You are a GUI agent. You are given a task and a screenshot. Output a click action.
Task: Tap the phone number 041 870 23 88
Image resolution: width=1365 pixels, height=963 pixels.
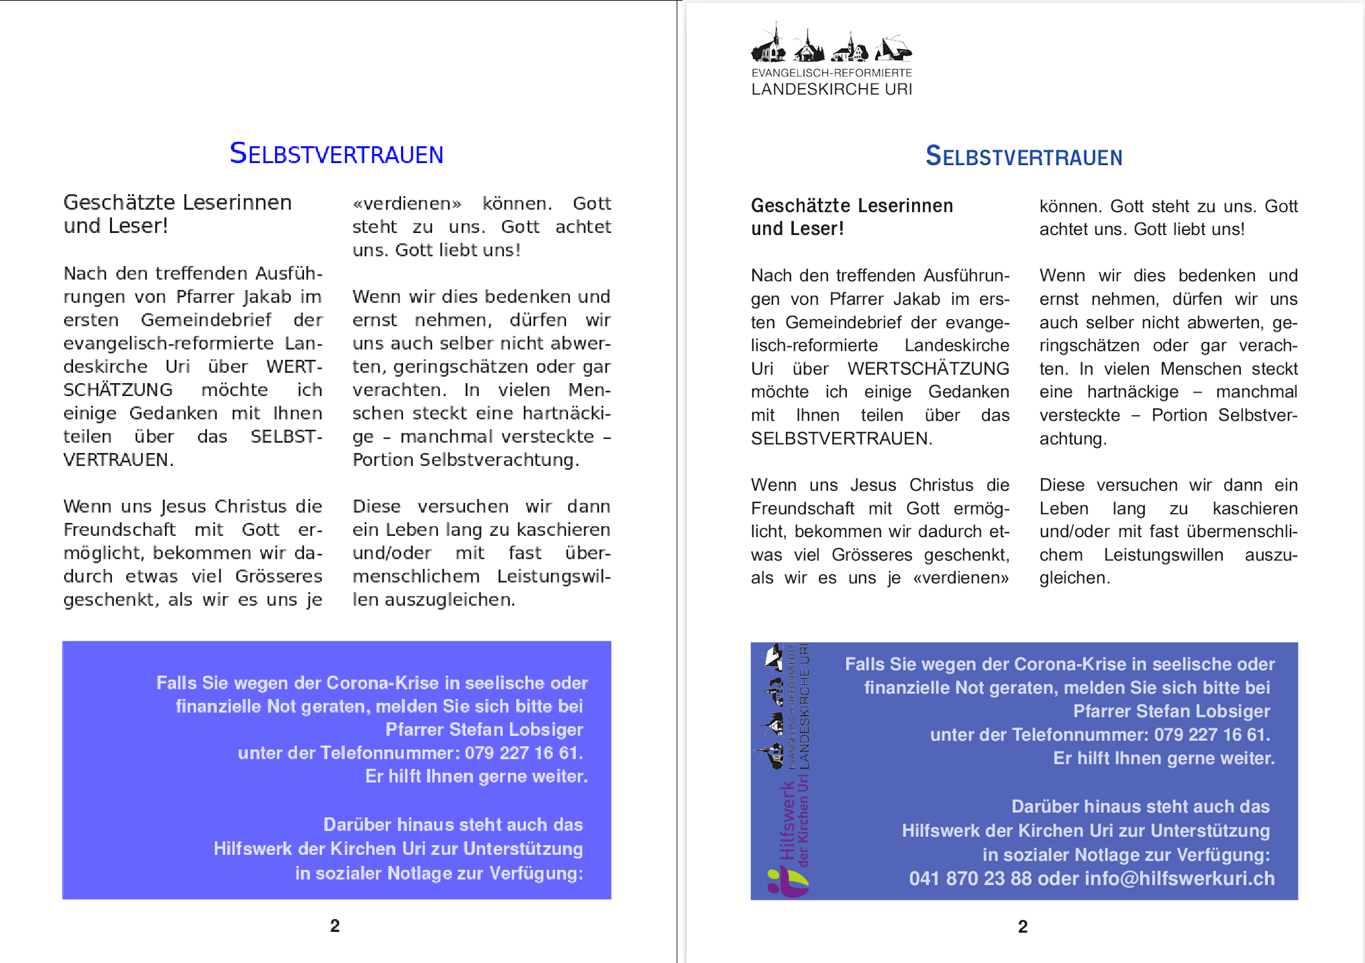[970, 878]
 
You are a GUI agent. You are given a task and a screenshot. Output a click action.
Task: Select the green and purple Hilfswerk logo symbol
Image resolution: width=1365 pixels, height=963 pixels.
[787, 882]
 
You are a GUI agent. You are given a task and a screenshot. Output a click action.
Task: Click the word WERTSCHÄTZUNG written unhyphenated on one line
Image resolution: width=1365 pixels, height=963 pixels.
[928, 368]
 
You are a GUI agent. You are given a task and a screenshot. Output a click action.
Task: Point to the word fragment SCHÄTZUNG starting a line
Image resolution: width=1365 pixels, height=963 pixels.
[118, 390]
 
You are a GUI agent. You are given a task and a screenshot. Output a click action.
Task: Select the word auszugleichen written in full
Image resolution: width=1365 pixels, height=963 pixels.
[450, 599]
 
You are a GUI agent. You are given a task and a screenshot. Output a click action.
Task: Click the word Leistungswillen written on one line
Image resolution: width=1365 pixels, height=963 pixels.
[1163, 555]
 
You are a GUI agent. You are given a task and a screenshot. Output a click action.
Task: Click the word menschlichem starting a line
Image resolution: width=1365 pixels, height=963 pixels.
[416, 576]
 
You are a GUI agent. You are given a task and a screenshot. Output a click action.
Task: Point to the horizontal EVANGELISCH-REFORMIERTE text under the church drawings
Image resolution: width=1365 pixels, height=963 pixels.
[831, 73]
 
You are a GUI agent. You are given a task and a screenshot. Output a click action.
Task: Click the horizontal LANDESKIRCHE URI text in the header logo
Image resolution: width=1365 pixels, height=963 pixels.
[831, 89]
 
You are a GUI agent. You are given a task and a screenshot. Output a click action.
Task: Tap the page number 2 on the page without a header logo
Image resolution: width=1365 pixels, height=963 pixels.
[334, 925]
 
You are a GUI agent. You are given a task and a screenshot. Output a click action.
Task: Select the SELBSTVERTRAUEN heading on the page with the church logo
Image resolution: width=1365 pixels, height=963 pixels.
[1023, 157]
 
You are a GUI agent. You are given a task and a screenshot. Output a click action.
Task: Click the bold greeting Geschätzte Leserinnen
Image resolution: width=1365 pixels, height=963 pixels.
[851, 206]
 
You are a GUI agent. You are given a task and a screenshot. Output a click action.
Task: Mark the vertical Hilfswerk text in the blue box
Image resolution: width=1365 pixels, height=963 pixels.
[787, 819]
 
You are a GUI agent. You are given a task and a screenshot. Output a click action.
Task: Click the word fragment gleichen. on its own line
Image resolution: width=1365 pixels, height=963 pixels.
[1075, 578]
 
